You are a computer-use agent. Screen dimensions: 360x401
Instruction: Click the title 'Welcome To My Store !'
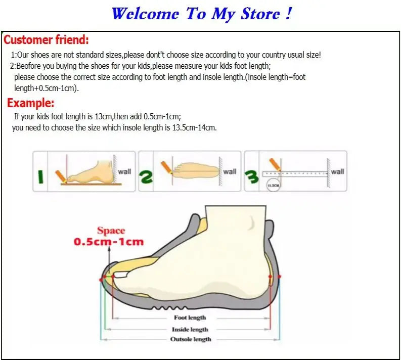click(201, 14)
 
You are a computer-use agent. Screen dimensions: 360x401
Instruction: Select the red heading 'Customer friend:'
click(47, 39)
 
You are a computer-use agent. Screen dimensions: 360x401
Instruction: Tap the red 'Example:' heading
click(31, 103)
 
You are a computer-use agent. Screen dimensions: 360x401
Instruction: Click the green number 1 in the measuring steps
click(41, 177)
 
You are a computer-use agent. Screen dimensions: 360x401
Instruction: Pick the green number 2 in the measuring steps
click(146, 176)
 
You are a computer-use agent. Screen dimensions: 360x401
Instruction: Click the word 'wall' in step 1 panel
click(124, 171)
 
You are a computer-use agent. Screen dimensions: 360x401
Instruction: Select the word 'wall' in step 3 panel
click(337, 171)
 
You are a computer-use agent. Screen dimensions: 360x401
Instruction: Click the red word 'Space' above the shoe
click(111, 231)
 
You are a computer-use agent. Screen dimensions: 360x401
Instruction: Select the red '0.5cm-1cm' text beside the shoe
click(109, 242)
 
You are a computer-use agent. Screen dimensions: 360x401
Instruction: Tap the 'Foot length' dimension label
click(190, 318)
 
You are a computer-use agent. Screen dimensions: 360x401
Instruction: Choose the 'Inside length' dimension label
click(190, 329)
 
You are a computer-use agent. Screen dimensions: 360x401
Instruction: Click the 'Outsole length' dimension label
click(190, 339)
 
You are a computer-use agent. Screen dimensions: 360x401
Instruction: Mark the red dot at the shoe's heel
click(280, 277)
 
